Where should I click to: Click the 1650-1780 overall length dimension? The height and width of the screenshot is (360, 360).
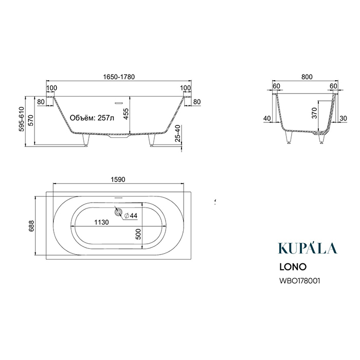tap(119, 77)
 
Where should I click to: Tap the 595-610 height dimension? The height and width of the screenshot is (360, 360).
tap(22, 119)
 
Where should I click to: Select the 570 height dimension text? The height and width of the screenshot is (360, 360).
tap(31, 120)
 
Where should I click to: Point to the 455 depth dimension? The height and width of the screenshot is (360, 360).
tap(126, 114)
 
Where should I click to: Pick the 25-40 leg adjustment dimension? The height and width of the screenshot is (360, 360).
tap(178, 133)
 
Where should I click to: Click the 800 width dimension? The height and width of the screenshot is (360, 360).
tap(307, 77)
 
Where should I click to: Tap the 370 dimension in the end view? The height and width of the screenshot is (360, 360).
tap(314, 113)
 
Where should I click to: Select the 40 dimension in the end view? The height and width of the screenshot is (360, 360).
tap(267, 118)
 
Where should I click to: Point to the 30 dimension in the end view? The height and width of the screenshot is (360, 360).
tap(343, 118)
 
